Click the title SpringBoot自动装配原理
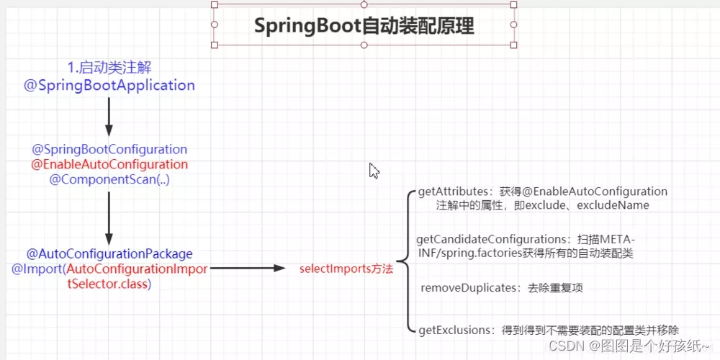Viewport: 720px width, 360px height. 364,26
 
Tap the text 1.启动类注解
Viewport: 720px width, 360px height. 109,68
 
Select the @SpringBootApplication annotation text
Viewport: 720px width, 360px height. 109,86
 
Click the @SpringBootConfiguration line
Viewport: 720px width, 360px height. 109,149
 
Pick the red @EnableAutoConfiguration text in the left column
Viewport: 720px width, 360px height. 109,164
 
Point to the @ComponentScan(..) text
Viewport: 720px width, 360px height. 109,179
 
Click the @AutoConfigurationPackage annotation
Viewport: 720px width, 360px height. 109,253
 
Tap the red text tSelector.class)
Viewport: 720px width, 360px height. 109,284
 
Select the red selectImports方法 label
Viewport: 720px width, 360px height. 346,269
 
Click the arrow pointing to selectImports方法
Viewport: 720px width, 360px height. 248,268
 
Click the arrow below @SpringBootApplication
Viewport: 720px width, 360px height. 109,117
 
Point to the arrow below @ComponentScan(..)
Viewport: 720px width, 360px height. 109,217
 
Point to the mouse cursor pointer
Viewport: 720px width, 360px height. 374,171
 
